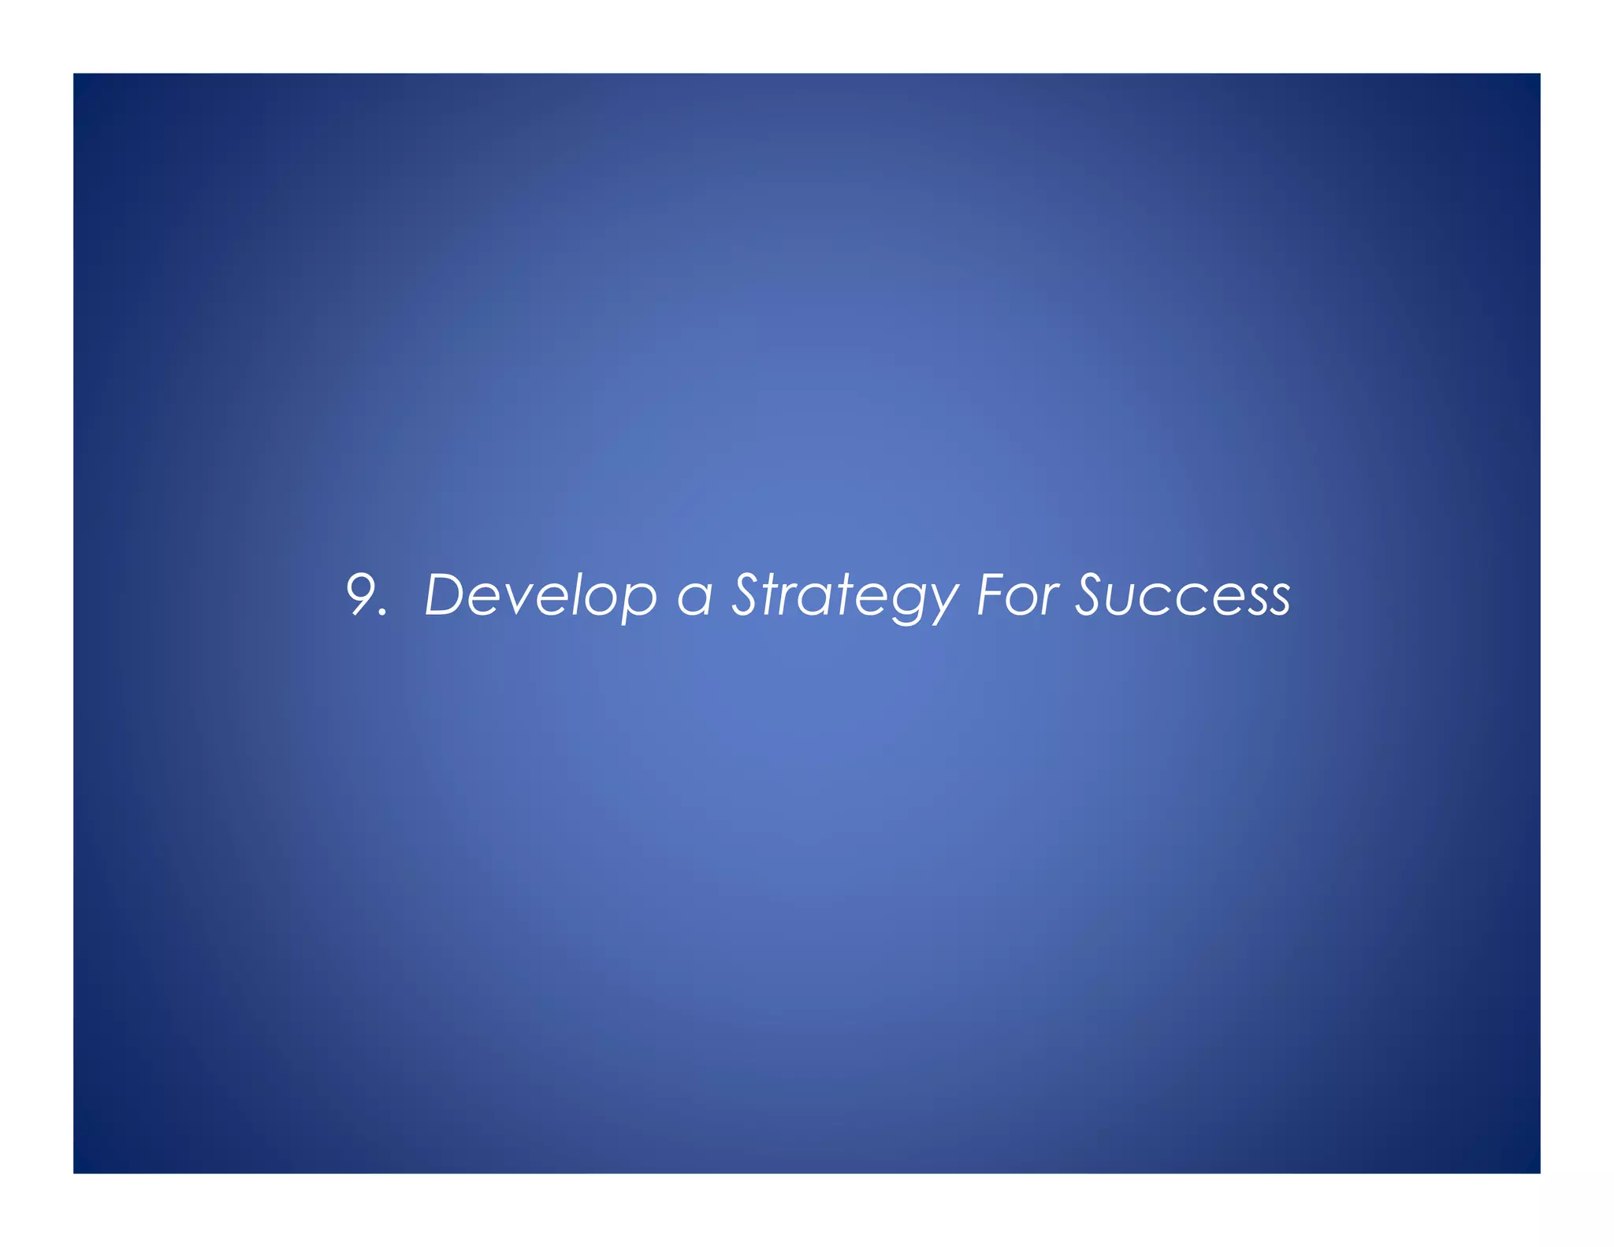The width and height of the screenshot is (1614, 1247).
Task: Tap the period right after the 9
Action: pos(384,612)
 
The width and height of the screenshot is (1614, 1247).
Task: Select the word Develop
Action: pos(541,596)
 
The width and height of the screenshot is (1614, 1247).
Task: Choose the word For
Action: pos(1017,594)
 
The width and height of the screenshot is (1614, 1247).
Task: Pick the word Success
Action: pos(1183,594)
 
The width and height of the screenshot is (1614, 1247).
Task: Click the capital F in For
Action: pos(991,594)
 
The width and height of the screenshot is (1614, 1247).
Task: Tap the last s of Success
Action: pos(1277,600)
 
